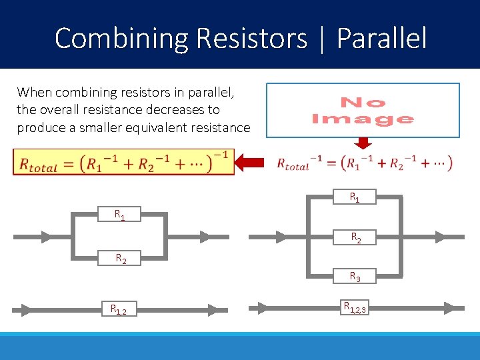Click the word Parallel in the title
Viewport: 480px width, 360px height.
381,38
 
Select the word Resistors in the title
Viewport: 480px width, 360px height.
251,38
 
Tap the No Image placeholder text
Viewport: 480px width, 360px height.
363,111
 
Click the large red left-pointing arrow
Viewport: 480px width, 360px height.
254,161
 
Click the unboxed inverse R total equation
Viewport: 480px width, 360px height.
364,162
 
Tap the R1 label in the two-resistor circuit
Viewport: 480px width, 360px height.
119,215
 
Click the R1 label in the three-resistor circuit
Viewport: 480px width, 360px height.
355,197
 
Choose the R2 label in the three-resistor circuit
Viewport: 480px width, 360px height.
356,237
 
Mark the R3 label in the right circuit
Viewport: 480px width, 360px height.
355,276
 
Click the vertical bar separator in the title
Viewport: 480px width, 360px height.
322,39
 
